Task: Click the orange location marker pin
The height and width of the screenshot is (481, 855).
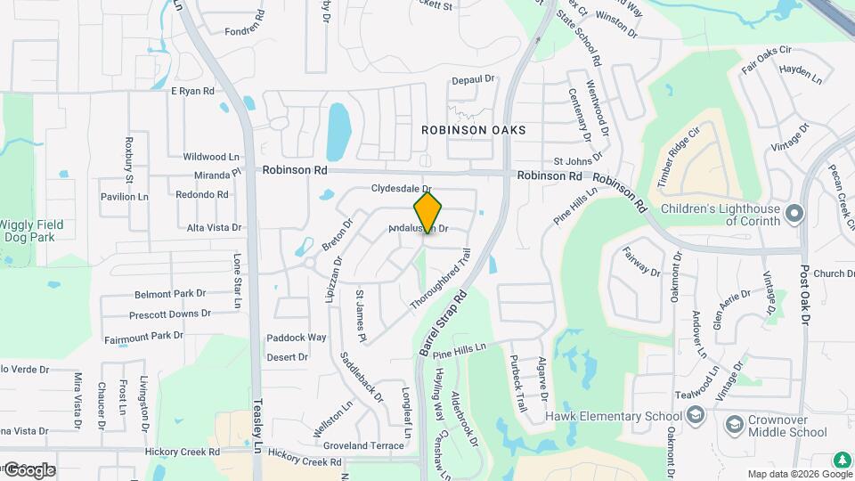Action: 427,212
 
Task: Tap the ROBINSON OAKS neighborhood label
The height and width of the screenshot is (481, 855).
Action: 474,130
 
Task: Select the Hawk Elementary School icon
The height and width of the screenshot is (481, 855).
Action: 695,416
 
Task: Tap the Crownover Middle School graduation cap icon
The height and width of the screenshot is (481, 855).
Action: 735,424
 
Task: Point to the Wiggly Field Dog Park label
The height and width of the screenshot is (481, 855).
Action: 39,231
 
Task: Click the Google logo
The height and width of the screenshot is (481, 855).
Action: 28,469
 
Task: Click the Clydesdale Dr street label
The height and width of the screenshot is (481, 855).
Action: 401,190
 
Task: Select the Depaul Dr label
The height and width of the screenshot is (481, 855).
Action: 472,79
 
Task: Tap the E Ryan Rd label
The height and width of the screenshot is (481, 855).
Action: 192,91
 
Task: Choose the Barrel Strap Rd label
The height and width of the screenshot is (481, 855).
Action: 443,322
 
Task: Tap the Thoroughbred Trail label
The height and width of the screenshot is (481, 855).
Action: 439,285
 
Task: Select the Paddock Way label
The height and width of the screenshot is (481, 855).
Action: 297,338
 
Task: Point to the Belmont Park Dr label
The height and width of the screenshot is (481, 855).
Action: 170,294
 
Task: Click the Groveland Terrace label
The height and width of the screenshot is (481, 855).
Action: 363,445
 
